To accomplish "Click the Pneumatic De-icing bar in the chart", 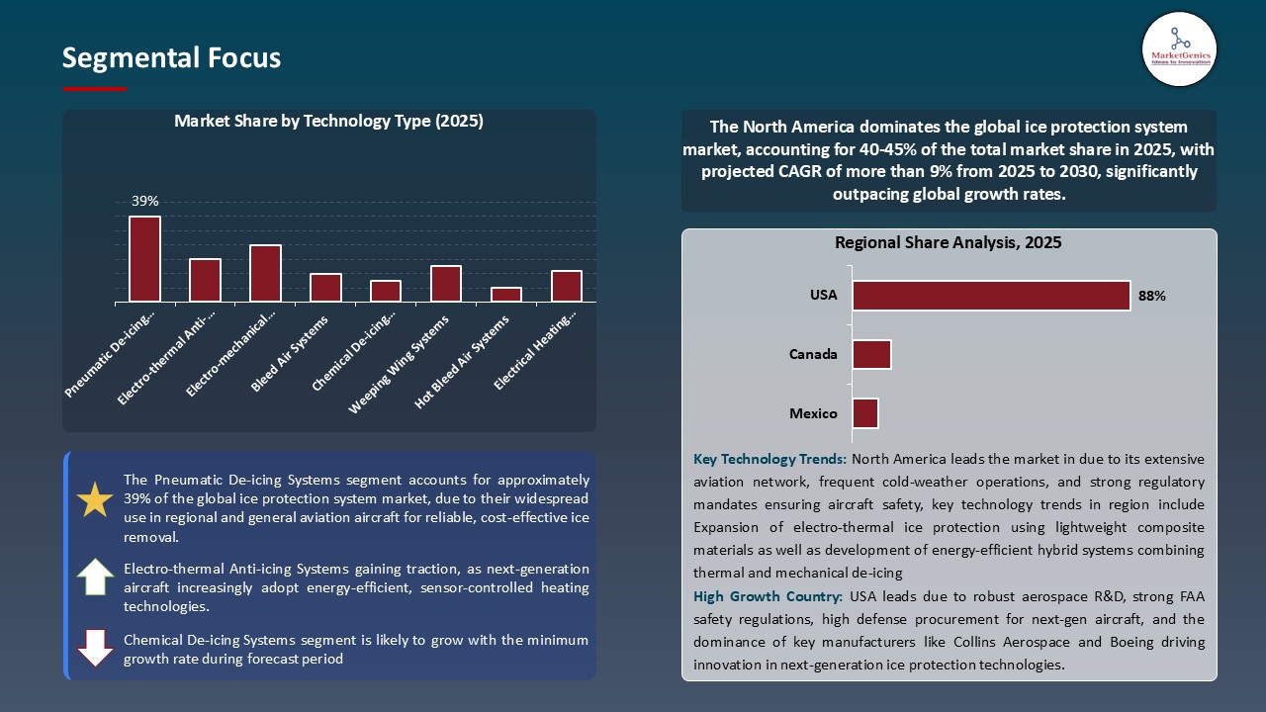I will [144, 259].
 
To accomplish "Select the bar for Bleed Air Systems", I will [325, 288].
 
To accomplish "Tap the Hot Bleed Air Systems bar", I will [505, 295].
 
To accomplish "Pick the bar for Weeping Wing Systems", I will [446, 284].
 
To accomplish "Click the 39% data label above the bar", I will [144, 201].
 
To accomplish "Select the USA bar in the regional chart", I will [991, 296].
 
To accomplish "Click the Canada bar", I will [871, 354].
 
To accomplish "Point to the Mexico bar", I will [865, 413].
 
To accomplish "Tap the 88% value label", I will [1151, 296].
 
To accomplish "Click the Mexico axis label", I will [813, 413].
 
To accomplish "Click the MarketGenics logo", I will [1179, 48].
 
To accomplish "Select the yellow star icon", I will [95, 500].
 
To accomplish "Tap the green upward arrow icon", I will [95, 577].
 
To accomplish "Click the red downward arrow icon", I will [95, 647].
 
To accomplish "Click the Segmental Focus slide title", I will [171, 58].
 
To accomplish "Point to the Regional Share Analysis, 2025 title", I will [948, 242].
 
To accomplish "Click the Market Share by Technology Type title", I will [328, 121].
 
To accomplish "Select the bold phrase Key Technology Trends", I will [769, 459].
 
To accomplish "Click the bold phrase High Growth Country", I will [768, 596].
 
